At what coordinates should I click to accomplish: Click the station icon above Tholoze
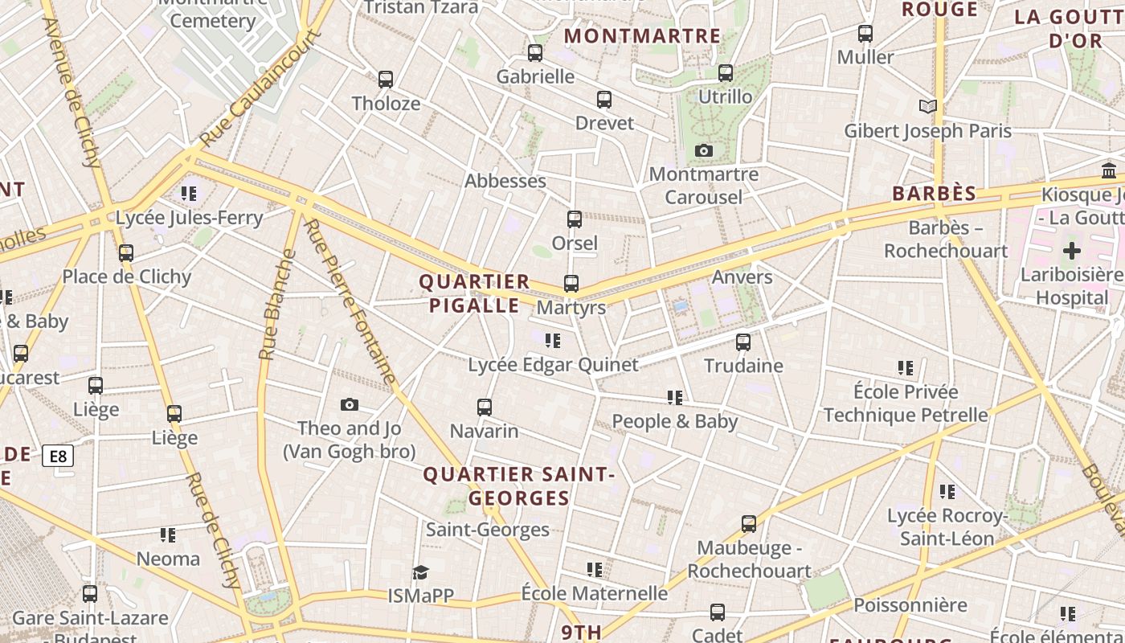386,80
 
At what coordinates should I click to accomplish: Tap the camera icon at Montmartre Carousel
704,151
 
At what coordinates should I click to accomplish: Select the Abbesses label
505,181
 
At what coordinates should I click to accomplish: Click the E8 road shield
59,457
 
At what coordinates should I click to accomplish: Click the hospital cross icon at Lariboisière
1071,251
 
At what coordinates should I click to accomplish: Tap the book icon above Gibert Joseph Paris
928,106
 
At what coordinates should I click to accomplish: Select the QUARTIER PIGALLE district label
474,293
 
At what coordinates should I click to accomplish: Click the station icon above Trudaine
743,342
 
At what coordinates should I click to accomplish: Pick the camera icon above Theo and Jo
350,405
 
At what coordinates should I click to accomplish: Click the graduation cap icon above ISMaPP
420,572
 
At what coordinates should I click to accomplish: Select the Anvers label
742,277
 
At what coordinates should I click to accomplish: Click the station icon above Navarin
485,408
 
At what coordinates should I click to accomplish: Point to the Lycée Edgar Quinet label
553,365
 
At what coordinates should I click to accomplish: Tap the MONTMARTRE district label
642,36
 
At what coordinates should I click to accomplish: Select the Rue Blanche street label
278,305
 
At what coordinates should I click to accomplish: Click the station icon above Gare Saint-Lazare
90,594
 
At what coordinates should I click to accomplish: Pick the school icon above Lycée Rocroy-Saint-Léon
947,492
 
